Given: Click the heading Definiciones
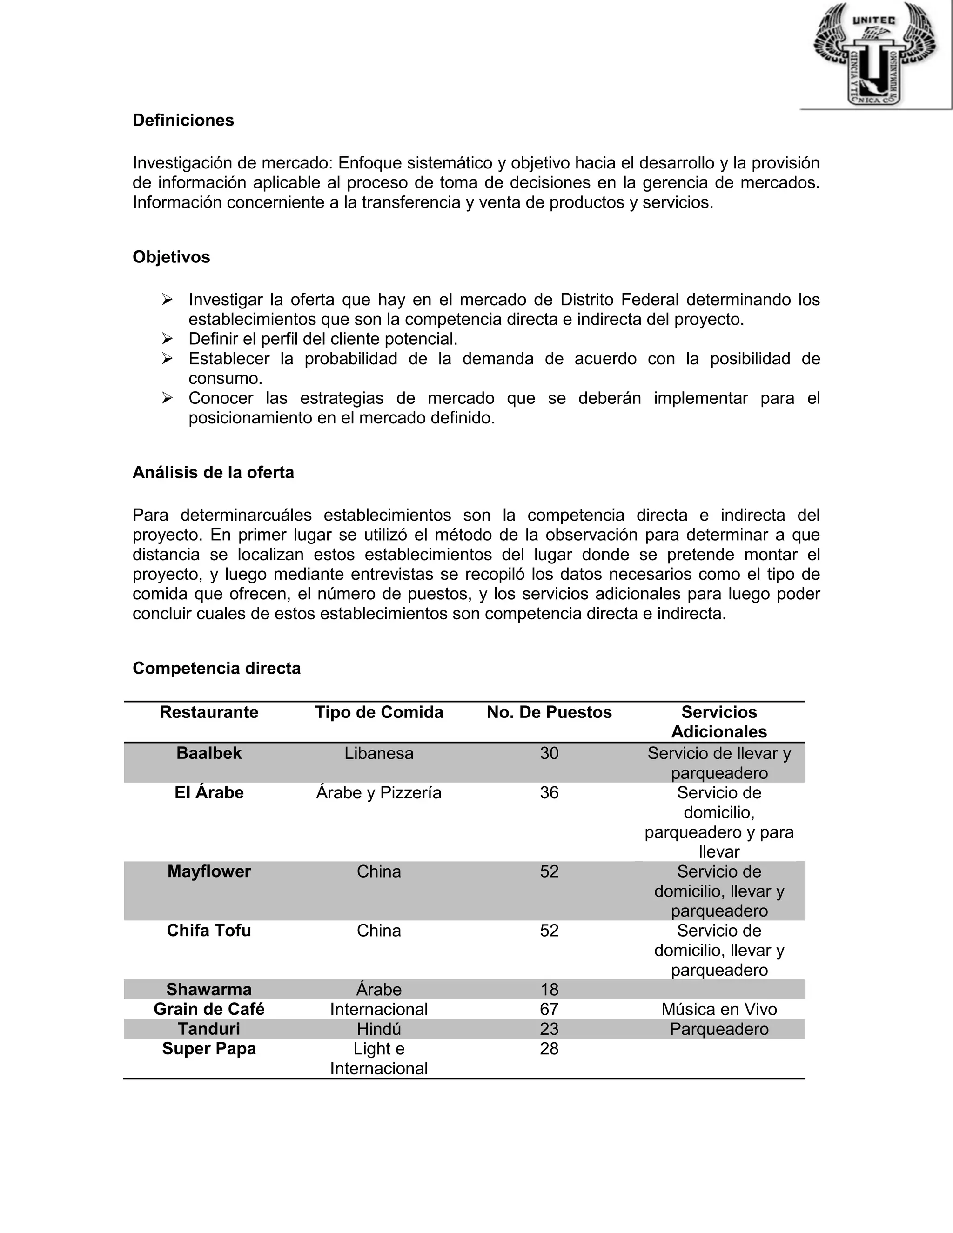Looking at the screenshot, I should [183, 120].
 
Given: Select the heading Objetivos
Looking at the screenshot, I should [171, 257].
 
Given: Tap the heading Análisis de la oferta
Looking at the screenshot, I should [213, 473].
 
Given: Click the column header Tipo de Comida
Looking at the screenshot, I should [379, 712].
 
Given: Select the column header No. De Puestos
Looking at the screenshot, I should [549, 712].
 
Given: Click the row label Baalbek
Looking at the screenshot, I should [209, 753].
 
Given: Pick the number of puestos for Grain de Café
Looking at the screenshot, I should [549, 1009].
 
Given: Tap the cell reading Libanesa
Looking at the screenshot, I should [379, 753].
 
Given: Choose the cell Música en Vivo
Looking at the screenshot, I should [718, 1009].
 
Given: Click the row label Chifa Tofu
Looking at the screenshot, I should [209, 931].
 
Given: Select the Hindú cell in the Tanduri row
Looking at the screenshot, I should [379, 1029].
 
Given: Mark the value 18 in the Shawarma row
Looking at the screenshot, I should [549, 989].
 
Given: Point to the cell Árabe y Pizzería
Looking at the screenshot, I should [379, 793].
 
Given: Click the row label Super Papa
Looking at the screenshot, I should [209, 1048].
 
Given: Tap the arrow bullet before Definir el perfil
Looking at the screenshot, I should [167, 339].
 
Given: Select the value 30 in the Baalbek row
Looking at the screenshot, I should [549, 753].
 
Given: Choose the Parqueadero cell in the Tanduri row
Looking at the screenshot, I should [718, 1029].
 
